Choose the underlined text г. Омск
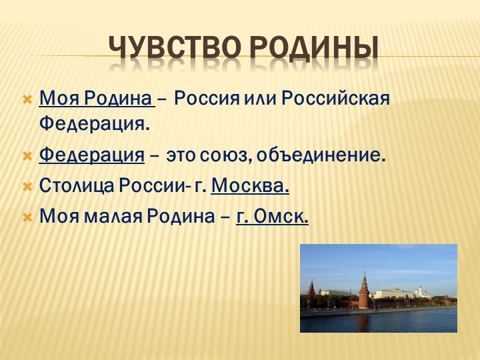pyautogui.click(x=272, y=217)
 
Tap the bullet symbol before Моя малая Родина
pyautogui.click(x=27, y=217)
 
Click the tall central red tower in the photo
pyautogui.click(x=363, y=291)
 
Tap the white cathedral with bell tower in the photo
pyautogui.click(x=420, y=291)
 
